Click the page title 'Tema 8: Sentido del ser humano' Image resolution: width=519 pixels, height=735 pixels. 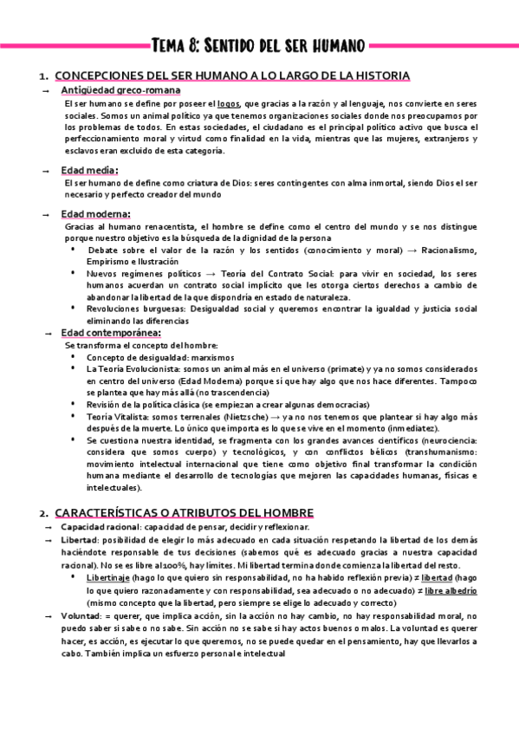[x=258, y=44]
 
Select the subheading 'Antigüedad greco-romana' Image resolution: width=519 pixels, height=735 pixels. [x=120, y=90]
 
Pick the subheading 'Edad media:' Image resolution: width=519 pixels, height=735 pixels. [x=90, y=170]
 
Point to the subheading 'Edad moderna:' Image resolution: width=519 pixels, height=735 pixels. [x=95, y=213]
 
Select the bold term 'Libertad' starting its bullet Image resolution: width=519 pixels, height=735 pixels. [x=80, y=539]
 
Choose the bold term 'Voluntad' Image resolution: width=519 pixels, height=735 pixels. [x=81, y=615]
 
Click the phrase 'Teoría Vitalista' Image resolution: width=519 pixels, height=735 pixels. [x=120, y=417]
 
